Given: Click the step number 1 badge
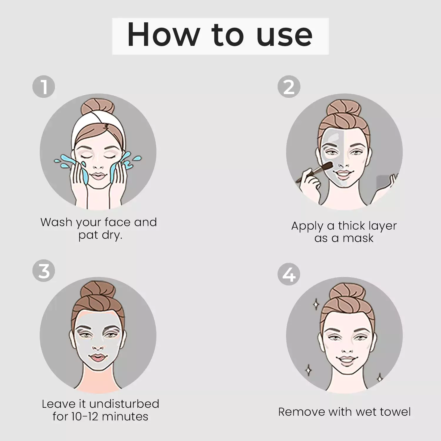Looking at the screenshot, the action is pyautogui.click(x=44, y=87).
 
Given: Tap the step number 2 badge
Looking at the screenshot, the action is pyautogui.click(x=289, y=87).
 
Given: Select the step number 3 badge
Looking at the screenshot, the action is pyautogui.click(x=44, y=270).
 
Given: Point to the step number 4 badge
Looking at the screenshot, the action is pyautogui.click(x=289, y=274).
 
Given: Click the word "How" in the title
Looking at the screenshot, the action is pyautogui.click(x=163, y=35).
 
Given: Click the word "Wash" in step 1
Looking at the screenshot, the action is pyautogui.click(x=56, y=222).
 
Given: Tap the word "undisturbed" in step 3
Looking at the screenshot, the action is pyautogui.click(x=124, y=404).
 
